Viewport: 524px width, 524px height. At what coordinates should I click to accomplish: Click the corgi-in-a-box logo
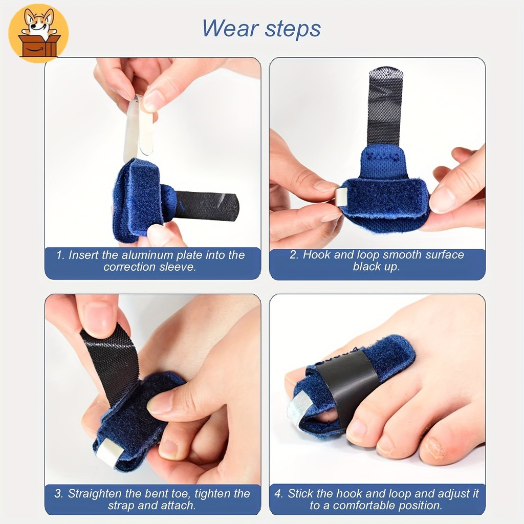point(38,33)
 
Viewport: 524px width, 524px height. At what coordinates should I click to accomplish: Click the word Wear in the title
point(231,29)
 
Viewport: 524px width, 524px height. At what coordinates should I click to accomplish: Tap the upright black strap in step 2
point(385,106)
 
